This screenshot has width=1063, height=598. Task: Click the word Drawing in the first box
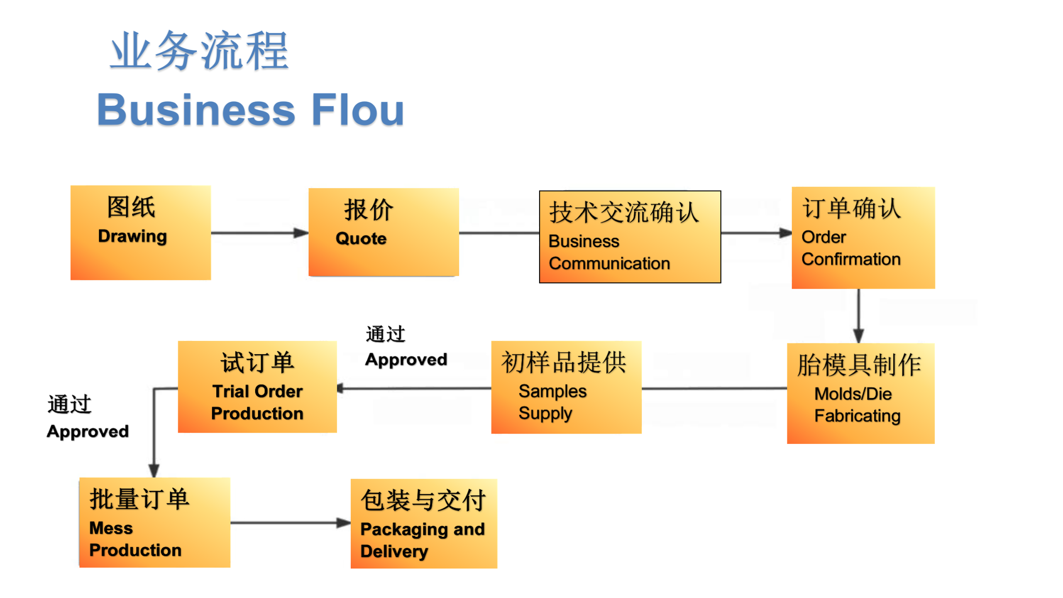132,236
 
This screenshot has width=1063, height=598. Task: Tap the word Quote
361,239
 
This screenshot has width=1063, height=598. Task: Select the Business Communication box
630,237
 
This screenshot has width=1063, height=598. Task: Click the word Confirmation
851,259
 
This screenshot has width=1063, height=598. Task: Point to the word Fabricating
857,416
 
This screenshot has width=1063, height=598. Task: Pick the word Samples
552,391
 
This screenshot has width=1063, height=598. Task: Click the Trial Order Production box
257,387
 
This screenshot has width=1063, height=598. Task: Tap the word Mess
111,528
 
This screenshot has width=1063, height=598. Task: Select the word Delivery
394,551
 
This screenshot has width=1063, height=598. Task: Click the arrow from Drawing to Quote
260,233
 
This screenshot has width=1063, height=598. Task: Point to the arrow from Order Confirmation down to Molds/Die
859,316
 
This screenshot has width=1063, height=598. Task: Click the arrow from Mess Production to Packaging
291,523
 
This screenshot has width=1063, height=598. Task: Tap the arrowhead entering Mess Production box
154,471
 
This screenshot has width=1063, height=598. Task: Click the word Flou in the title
358,110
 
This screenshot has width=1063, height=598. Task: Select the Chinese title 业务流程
199,51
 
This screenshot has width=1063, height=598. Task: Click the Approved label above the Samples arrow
406,360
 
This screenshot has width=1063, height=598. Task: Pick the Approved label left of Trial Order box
88,431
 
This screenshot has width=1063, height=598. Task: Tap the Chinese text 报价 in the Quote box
369,210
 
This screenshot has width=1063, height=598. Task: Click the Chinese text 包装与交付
423,500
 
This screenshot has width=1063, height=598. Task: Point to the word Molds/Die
853,394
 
